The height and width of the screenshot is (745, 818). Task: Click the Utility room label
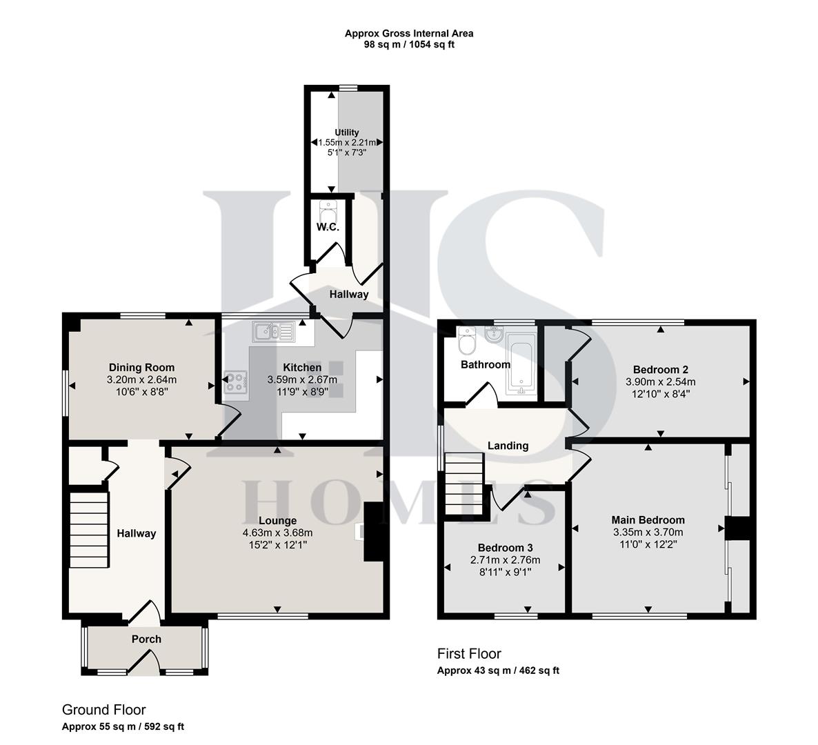pyautogui.click(x=347, y=132)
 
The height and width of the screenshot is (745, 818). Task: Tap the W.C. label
pyautogui.click(x=328, y=227)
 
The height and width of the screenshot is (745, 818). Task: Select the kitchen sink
pyautogui.click(x=274, y=332)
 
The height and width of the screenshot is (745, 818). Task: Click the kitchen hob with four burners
pyautogui.click(x=236, y=382)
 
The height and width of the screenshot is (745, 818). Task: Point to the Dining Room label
pyautogui.click(x=141, y=368)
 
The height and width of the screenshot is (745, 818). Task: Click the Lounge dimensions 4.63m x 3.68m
pyautogui.click(x=277, y=533)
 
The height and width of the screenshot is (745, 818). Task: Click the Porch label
pyautogui.click(x=146, y=639)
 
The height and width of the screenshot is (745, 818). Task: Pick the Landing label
pyautogui.click(x=508, y=446)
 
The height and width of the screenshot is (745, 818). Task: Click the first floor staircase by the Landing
pyautogui.click(x=464, y=483)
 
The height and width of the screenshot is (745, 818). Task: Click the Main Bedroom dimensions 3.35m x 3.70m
pyautogui.click(x=648, y=532)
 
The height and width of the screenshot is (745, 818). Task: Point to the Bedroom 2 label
pyautogui.click(x=660, y=370)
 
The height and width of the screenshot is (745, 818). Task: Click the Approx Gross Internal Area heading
pyautogui.click(x=409, y=33)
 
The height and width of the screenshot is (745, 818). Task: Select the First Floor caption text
pyautogui.click(x=469, y=653)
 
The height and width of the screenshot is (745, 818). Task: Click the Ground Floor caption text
pyautogui.click(x=103, y=710)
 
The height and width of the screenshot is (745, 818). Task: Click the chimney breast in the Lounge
pyautogui.click(x=372, y=531)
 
